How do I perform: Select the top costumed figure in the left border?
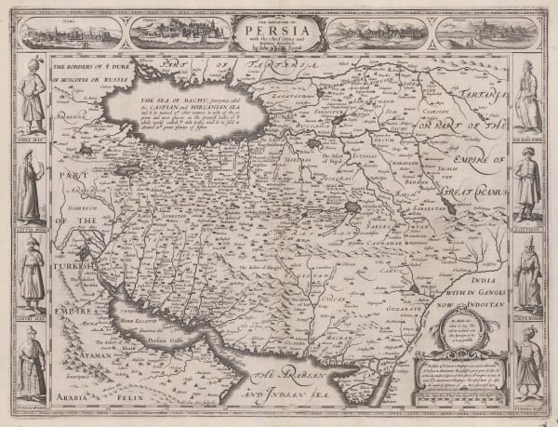(32, 98)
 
